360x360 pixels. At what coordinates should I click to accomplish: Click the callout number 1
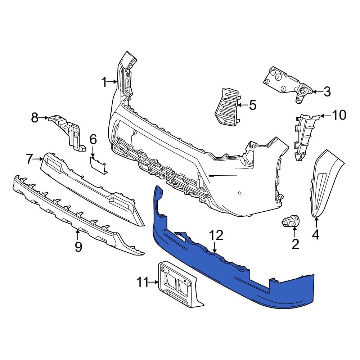[x=104, y=82]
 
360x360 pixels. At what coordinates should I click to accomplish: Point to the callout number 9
[x=78, y=247]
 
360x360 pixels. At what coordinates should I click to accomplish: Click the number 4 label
[x=315, y=234]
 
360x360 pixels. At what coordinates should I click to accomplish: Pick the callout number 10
[x=338, y=115]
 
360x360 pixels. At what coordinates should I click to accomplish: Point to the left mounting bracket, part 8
[x=67, y=130]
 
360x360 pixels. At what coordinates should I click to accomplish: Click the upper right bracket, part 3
[x=286, y=83]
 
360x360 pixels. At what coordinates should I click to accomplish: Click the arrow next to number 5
[x=242, y=105]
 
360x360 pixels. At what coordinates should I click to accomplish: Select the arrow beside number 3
[x=316, y=92]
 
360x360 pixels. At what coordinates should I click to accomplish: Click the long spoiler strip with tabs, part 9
[x=72, y=212]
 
